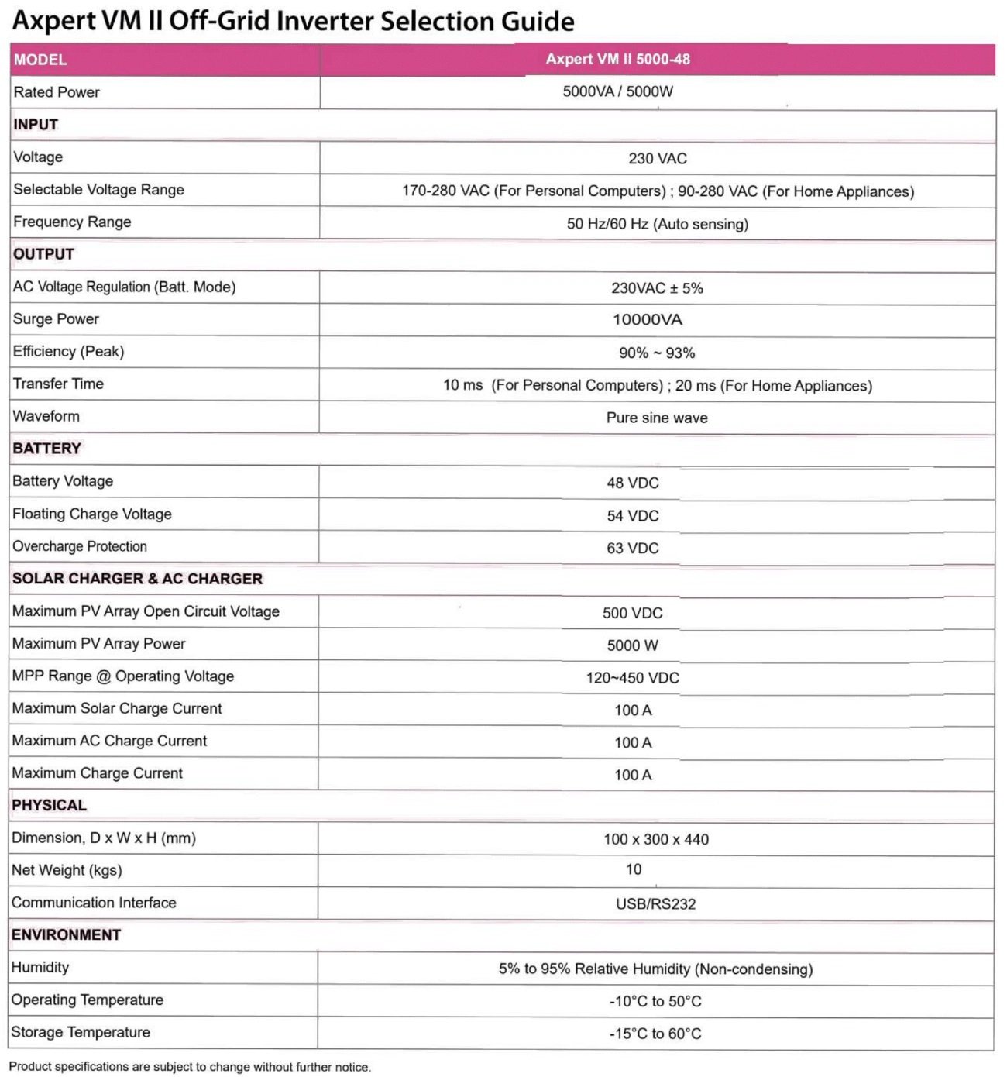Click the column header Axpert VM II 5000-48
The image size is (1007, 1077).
coord(617,59)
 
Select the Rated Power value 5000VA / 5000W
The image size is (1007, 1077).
coord(617,91)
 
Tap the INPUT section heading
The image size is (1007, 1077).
coord(36,125)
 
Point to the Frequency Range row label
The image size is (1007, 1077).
coord(72,222)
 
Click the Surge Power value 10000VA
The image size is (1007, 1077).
coord(647,320)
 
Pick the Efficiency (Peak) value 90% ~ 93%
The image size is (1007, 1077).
coord(656,353)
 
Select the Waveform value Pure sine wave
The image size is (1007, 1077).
coord(656,418)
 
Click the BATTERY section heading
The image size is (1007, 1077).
coord(46,449)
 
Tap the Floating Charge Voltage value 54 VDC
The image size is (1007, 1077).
coord(632,516)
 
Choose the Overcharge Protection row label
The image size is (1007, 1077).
coord(80,546)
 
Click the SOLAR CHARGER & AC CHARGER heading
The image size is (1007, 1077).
coord(137,579)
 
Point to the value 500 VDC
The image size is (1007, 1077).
coord(632,613)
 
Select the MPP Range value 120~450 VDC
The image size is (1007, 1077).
coord(632,678)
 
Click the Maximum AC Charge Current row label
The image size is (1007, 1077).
coord(109,741)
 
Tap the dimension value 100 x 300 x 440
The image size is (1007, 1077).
coord(656,839)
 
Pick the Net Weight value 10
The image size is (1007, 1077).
coord(634,870)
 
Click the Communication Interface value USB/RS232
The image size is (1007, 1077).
coord(655,903)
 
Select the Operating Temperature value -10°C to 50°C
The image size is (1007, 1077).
coord(655,1001)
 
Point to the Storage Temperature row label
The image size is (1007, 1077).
coord(81,1032)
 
